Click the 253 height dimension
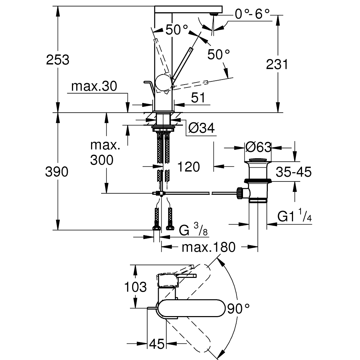[x=58, y=59]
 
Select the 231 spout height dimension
[x=277, y=64]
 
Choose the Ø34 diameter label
[x=201, y=127]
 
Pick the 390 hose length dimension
[x=57, y=172]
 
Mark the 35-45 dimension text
[x=293, y=172]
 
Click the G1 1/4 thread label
[x=294, y=216]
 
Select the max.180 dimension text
[x=208, y=247]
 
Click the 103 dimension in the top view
[x=135, y=287]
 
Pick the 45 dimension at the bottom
[x=157, y=344]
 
